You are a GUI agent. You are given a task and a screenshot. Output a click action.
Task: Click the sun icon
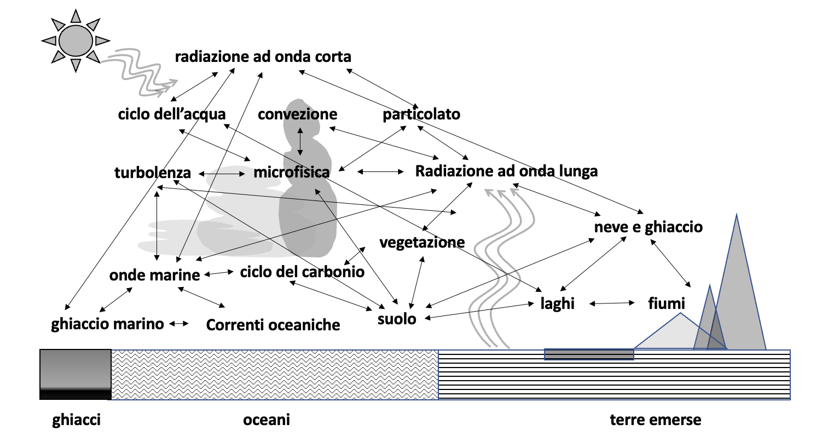pyautogui.click(x=76, y=40)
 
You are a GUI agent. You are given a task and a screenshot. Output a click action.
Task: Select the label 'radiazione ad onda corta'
pyautogui.click(x=263, y=57)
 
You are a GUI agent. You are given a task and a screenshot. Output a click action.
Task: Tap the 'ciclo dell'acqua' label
pyautogui.click(x=172, y=114)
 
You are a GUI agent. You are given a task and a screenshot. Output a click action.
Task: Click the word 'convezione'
pyautogui.click(x=298, y=114)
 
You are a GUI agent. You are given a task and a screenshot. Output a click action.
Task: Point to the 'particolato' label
pyautogui.click(x=421, y=114)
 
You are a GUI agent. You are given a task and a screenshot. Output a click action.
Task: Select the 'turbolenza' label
pyautogui.click(x=153, y=173)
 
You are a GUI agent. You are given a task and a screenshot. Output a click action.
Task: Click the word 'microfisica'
pyautogui.click(x=292, y=173)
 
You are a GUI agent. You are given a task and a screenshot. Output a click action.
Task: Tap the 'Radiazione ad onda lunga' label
pyautogui.click(x=506, y=171)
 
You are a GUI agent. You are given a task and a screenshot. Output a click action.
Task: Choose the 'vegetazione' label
pyautogui.click(x=422, y=242)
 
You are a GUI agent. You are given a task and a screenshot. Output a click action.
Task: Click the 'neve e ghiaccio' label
pyautogui.click(x=648, y=227)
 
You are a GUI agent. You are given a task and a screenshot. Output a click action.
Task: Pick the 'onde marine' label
pyautogui.click(x=155, y=275)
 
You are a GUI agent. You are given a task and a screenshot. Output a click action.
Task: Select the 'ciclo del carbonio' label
pyautogui.click(x=302, y=272)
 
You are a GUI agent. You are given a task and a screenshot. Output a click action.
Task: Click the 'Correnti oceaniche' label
pyautogui.click(x=273, y=325)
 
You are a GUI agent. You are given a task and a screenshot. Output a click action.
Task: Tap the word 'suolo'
pyautogui.click(x=397, y=319)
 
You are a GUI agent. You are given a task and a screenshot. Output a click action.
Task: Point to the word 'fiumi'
pyautogui.click(x=666, y=303)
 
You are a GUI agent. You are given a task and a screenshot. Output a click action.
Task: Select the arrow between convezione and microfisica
pyautogui.click(x=300, y=141)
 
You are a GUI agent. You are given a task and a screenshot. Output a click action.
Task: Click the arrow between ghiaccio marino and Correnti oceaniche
pyautogui.click(x=179, y=324)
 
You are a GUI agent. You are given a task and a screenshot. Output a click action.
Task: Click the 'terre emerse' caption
pyautogui.click(x=655, y=420)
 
